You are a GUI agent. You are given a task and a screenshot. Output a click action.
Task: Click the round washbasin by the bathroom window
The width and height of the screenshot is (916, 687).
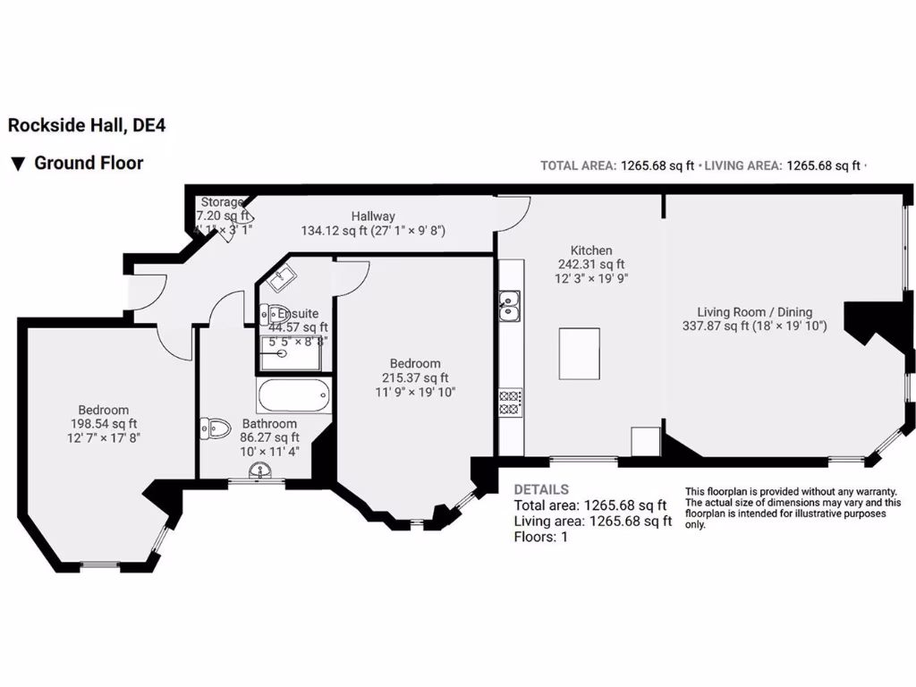click(261, 471)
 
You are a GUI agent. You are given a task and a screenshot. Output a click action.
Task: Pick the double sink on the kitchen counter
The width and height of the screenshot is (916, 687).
click(510, 305)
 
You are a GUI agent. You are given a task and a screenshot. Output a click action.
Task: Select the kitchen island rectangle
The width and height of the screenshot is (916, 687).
click(580, 353)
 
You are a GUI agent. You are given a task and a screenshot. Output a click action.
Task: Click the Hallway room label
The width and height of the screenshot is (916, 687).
click(373, 216)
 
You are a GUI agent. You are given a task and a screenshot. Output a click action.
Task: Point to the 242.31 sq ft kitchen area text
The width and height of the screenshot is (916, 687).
click(591, 265)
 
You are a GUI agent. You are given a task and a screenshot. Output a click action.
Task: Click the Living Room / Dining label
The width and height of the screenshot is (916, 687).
click(755, 312)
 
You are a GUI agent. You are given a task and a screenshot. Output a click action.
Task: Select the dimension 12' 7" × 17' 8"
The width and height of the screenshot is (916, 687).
click(103, 437)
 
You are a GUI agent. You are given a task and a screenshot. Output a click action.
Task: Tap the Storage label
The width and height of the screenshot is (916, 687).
click(220, 202)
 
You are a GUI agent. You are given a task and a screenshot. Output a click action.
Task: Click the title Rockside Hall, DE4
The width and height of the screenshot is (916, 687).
click(87, 126)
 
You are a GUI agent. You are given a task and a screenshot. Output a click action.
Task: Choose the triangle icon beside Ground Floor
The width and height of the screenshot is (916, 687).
click(17, 164)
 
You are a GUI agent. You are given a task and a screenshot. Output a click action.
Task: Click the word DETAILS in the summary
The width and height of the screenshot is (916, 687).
click(540, 490)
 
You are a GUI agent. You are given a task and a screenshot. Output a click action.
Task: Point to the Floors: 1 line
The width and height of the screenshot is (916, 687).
click(540, 537)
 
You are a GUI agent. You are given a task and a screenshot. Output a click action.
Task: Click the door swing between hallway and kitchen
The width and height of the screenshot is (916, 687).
click(513, 211)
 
